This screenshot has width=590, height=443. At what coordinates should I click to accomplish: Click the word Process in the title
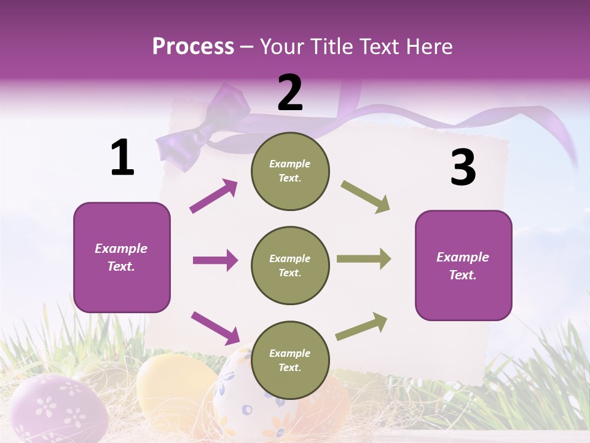(193, 46)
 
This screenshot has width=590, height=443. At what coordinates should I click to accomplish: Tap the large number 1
(122, 158)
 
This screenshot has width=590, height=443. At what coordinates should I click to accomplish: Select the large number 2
(290, 93)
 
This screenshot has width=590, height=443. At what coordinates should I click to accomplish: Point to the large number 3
(463, 168)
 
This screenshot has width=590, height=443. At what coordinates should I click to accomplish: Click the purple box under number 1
(122, 257)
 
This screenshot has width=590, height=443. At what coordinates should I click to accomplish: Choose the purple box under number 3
(463, 265)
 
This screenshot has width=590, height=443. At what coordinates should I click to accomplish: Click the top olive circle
(290, 171)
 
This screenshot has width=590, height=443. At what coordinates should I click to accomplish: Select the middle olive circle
(290, 265)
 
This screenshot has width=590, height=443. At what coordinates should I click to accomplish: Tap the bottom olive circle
(290, 360)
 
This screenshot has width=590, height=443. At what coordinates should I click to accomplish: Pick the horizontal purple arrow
(215, 260)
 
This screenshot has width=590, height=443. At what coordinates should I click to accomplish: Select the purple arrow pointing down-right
(215, 327)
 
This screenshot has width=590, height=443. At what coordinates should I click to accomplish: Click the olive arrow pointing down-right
(365, 196)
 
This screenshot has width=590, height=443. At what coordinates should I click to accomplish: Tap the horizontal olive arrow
(364, 259)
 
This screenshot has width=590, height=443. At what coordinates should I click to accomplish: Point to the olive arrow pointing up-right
(361, 326)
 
